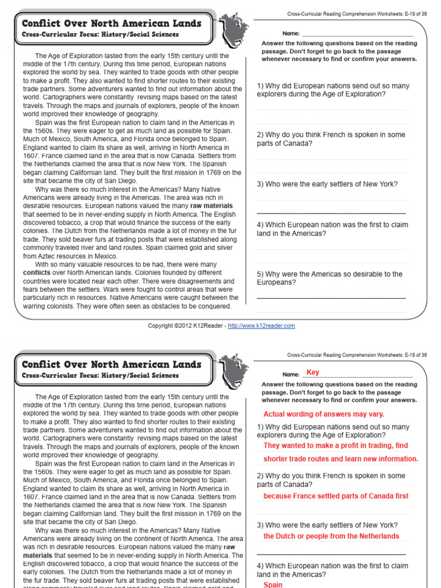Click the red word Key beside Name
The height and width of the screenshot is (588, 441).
pyautogui.click(x=313, y=373)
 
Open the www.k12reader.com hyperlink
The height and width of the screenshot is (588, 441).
pyautogui.click(x=261, y=326)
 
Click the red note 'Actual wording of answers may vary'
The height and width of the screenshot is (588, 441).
pyautogui.click(x=323, y=414)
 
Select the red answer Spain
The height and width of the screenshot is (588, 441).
pyautogui.click(x=273, y=584)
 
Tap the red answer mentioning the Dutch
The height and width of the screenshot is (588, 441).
pyautogui.click(x=331, y=536)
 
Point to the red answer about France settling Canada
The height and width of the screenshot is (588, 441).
pyautogui.click(x=336, y=496)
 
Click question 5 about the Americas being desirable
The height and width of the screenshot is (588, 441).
pyautogui.click(x=330, y=278)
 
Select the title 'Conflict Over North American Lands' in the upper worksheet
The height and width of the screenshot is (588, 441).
pyautogui.click(x=111, y=24)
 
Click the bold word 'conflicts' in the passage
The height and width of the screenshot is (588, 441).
pyautogui.click(x=37, y=273)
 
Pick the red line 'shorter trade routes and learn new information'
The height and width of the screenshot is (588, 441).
pyautogui.click(x=341, y=459)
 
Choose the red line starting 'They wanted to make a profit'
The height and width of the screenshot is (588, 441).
pyautogui.click(x=335, y=446)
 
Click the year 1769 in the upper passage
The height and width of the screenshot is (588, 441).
pyautogui.click(x=198, y=172)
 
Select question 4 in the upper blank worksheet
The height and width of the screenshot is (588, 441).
pyautogui.click(x=332, y=229)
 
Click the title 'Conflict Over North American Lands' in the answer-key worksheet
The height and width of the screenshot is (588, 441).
pyautogui.click(x=111, y=365)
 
